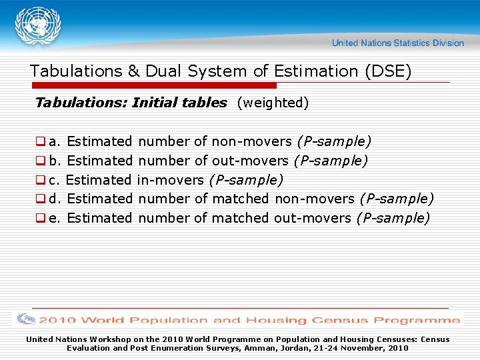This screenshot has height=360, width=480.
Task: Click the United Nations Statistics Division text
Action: coord(397,43)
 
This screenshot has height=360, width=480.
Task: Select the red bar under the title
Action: coord(153,85)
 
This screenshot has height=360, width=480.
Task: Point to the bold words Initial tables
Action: coord(179,103)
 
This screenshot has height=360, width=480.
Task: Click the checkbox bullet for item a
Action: coord(40,142)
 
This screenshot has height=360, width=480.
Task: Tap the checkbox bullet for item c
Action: coord(40,180)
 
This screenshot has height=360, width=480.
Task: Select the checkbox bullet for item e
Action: coord(40,218)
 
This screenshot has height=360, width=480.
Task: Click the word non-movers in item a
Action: coord(251,141)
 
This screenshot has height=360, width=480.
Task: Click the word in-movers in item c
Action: coord(171,180)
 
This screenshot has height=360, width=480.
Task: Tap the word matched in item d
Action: coord(240,199)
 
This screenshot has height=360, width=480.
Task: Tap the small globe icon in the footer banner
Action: coord(27,320)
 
